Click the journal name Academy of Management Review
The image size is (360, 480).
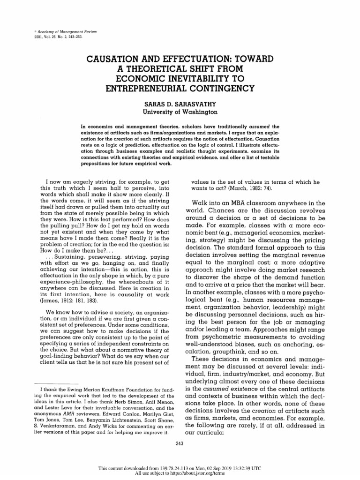click(x=53, y=31)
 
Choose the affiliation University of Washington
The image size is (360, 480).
click(x=180, y=112)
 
